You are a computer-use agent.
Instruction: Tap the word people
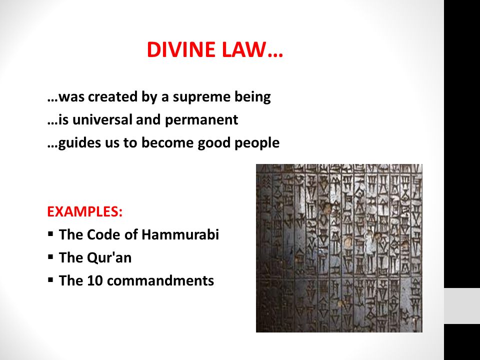point(257,143)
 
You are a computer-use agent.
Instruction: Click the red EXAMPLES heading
point(84,211)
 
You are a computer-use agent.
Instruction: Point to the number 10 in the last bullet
point(95,280)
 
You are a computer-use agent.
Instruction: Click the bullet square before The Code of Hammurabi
point(51,234)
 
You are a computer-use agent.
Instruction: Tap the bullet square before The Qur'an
point(51,257)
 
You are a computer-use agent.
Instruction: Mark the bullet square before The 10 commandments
point(51,280)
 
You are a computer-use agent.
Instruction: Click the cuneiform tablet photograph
point(339,248)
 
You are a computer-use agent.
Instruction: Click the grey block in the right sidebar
point(462,305)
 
